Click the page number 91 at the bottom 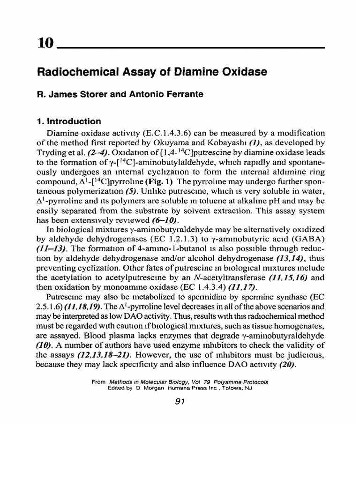tap(180, 401)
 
